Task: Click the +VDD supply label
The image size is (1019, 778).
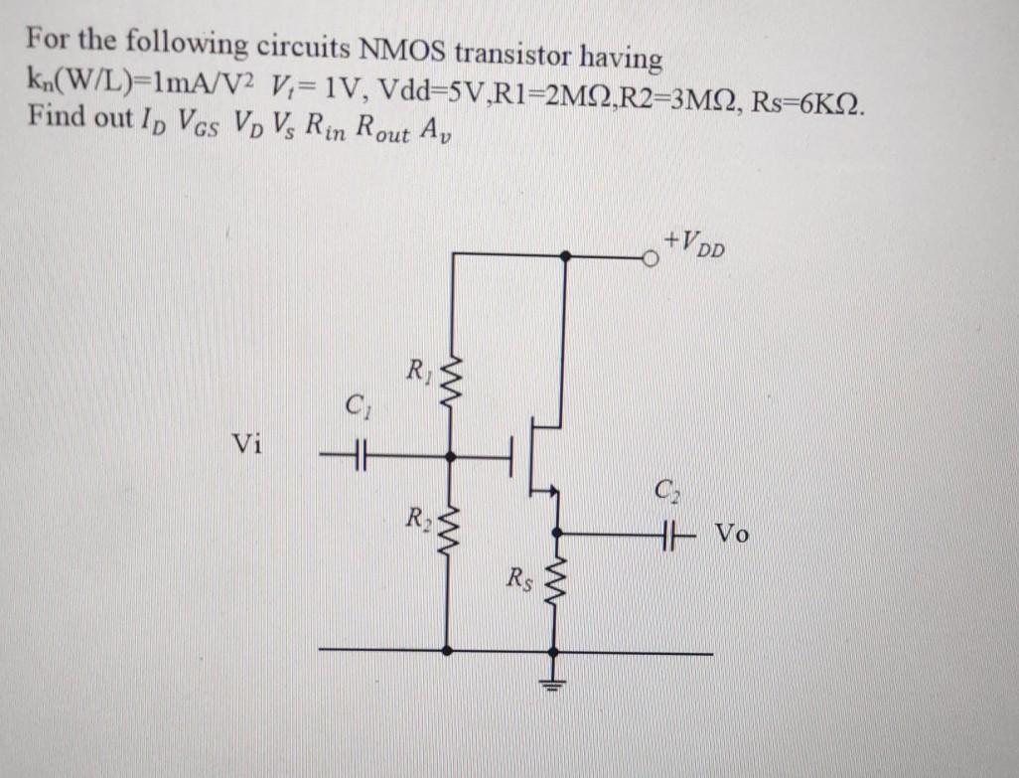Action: pos(697,241)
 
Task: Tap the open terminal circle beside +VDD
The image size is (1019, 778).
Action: pos(652,257)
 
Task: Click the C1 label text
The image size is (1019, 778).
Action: pos(354,406)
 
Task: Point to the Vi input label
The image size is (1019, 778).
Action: pos(246,444)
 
